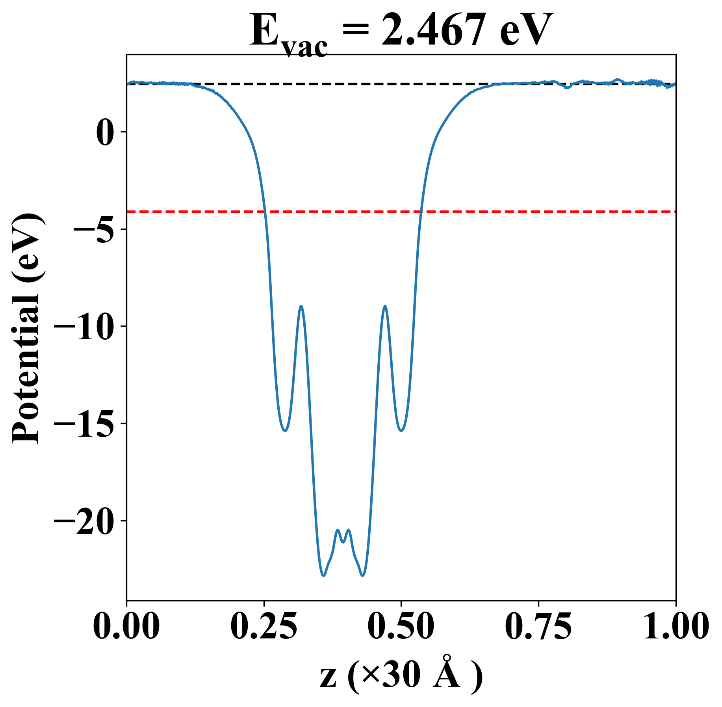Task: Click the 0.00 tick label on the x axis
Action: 126,626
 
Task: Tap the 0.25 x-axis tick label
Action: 264,626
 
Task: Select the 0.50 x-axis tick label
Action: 401,626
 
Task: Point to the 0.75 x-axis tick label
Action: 538,626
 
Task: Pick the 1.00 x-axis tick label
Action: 675,626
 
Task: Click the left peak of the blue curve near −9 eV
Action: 301,306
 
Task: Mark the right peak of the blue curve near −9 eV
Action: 385,306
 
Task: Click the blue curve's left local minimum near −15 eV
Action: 285,430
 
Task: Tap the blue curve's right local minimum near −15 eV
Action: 401,430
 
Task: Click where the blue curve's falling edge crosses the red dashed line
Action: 265,212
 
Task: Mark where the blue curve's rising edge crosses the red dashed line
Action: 421,212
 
